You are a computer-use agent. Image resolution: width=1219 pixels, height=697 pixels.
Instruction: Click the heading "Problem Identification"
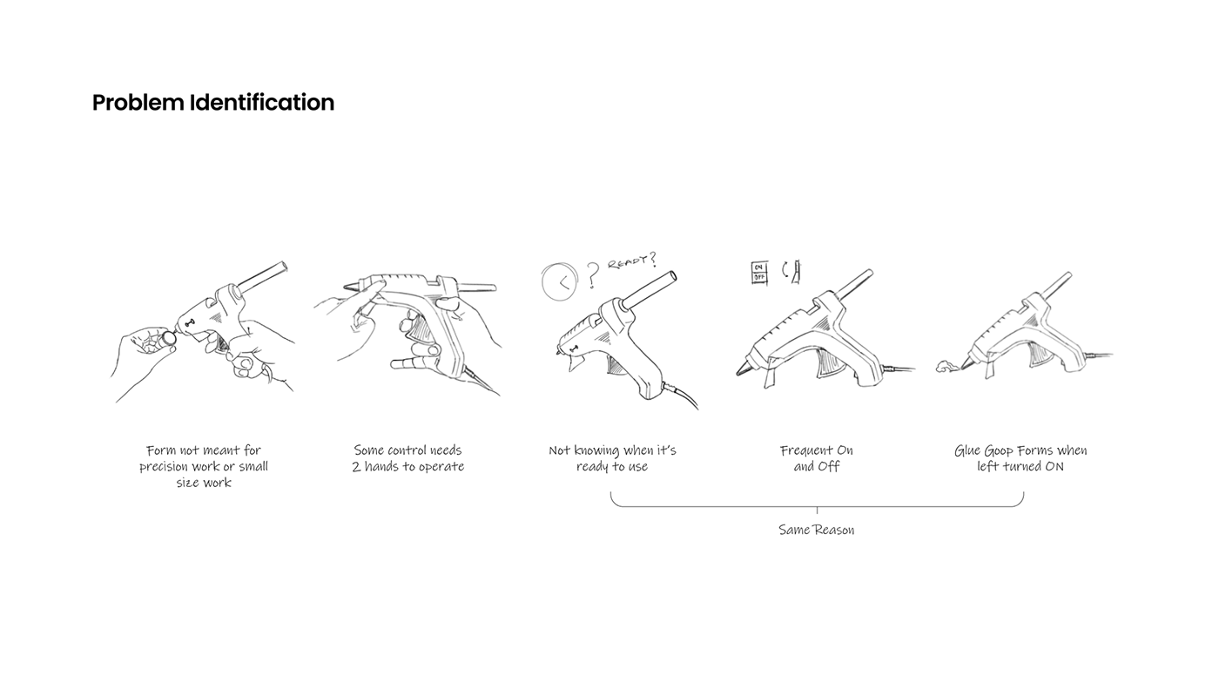pos(213,103)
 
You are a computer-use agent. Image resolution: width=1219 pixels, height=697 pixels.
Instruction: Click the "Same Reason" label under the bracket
pos(816,530)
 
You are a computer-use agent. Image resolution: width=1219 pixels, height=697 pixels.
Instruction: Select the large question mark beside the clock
pos(593,275)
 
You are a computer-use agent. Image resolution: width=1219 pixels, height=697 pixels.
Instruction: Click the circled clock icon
pos(560,281)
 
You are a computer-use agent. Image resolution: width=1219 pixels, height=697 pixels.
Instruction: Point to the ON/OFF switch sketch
pos(758,272)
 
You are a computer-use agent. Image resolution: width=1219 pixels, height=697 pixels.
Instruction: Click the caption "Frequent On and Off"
pos(816,458)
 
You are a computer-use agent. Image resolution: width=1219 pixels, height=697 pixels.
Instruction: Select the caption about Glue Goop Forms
pos(1020,458)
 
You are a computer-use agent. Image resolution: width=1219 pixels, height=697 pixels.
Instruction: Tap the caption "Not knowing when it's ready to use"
pos(612,458)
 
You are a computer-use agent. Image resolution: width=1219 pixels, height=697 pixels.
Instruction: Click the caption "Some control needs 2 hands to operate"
pos(407,458)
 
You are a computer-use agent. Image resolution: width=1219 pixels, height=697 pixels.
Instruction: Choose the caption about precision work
pos(204,466)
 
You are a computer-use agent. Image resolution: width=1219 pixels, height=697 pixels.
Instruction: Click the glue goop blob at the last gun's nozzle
pos(946,368)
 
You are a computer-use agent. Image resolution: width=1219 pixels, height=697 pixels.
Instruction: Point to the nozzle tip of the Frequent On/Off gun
pos(739,371)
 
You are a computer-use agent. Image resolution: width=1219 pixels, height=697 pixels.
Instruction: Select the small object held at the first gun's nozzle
pos(168,337)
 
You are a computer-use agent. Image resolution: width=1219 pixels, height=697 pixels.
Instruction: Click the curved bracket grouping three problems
pos(816,504)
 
